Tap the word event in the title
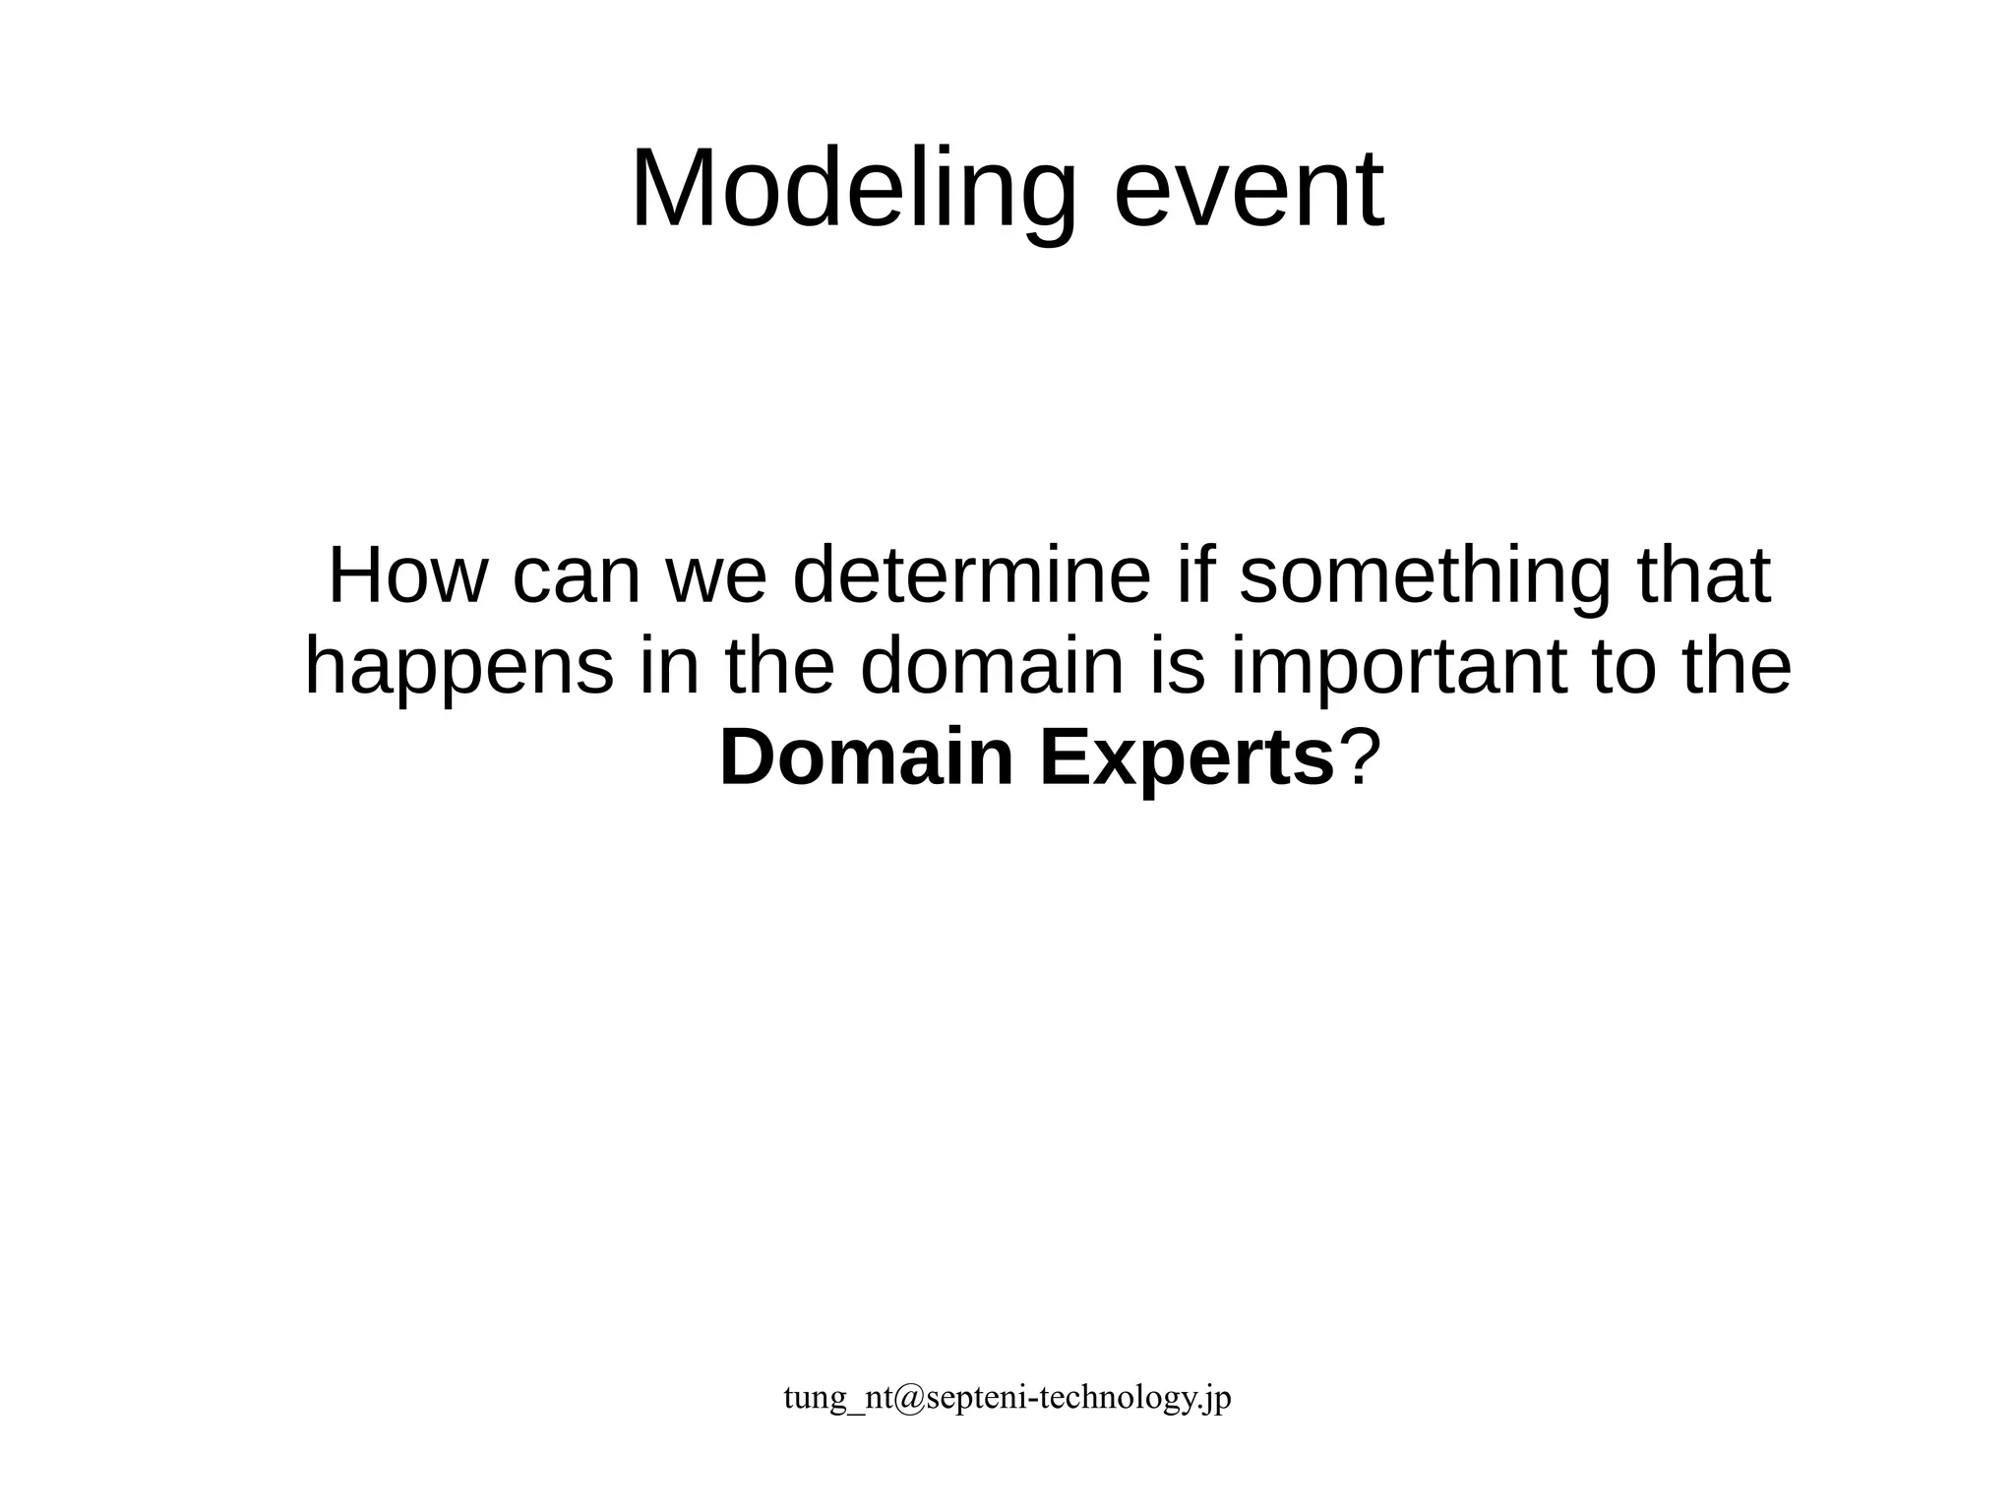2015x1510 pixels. (x=1249, y=189)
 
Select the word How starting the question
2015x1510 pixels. (x=406, y=576)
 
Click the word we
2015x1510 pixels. (x=716, y=576)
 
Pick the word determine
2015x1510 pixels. (x=971, y=576)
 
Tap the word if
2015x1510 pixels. (x=1193, y=576)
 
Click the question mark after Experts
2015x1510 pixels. (x=1355, y=758)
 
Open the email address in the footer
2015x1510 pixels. (x=1007, y=1397)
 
